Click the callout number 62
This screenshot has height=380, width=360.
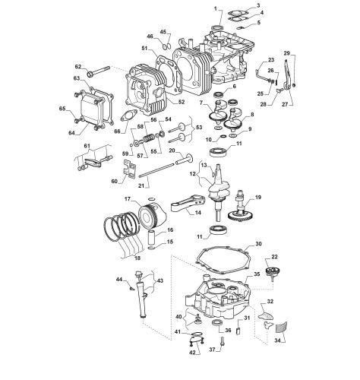pyautogui.click(x=78, y=67)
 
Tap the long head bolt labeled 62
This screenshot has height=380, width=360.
pyautogui.click(x=99, y=71)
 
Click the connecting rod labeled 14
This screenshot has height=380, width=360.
pyautogui.click(x=188, y=203)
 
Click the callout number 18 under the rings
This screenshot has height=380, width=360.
pyautogui.click(x=137, y=258)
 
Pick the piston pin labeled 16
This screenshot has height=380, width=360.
pyautogui.click(x=153, y=237)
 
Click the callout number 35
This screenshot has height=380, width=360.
pyautogui.click(x=257, y=274)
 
